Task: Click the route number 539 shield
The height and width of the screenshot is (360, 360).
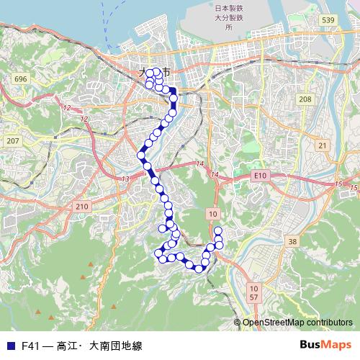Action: (x=328, y=19)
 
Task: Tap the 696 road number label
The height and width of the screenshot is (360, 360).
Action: (x=20, y=78)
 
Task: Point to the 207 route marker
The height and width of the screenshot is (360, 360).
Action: (x=12, y=140)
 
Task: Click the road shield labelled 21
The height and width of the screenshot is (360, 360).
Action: (x=322, y=146)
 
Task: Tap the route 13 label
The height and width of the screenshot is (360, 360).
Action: (x=125, y=179)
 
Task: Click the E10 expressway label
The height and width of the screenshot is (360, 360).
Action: (x=260, y=175)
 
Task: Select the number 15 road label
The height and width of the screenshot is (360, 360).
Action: (x=338, y=185)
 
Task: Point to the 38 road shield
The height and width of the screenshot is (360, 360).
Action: (x=292, y=242)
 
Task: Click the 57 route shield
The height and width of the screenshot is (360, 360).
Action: (x=253, y=297)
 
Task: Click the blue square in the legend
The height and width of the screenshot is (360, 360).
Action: (x=9, y=346)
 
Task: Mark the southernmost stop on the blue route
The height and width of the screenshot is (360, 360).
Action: (x=198, y=269)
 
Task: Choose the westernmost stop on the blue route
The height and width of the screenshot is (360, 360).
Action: (x=142, y=155)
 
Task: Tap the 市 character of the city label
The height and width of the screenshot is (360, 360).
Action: (x=166, y=73)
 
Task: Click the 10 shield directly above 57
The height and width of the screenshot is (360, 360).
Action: (x=253, y=287)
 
